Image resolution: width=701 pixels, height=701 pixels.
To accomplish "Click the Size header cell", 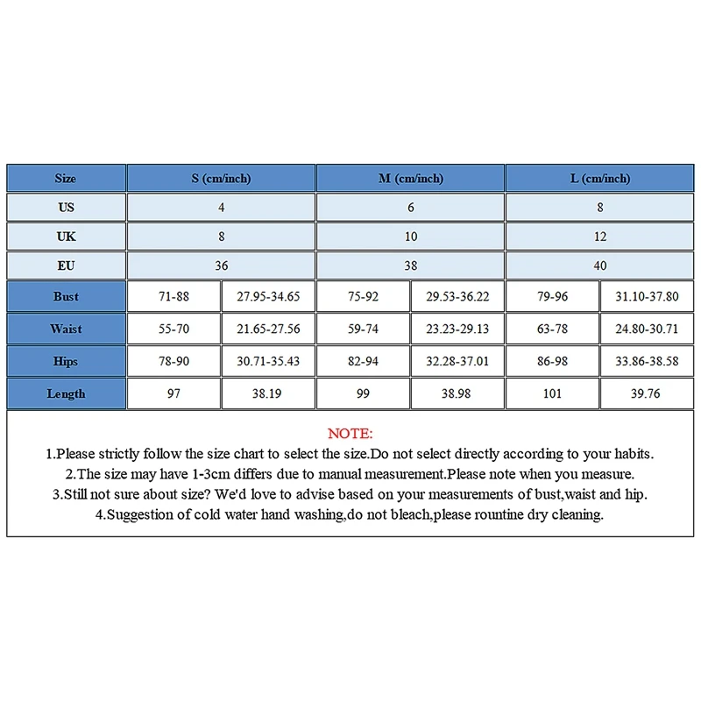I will coord(66,179).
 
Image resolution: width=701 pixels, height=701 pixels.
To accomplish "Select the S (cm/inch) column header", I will coord(221,179).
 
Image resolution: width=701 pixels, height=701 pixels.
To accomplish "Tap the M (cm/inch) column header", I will coord(411,179).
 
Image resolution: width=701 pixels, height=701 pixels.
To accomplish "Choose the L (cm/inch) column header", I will coord(600,179).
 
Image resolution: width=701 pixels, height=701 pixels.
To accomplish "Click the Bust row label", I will coord(66,297).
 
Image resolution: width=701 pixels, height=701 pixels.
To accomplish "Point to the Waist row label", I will coord(66,329).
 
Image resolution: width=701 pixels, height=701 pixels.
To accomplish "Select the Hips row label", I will coord(66,362).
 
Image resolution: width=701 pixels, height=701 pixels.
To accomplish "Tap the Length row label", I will coord(66,394).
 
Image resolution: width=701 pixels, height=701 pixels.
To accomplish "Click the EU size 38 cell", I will coord(411,266).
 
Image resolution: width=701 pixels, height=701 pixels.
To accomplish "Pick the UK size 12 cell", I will coord(600,237).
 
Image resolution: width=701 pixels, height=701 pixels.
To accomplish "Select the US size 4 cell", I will coord(221,208).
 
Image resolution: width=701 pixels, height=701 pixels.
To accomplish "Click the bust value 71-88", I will coord(173,297).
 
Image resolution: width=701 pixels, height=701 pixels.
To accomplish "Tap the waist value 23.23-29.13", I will coord(457,329).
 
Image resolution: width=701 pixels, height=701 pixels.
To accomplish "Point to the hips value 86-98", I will coord(552,362).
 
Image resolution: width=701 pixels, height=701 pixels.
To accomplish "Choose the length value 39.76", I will coord(647,394).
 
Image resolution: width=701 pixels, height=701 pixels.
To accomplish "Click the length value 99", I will coord(363,394).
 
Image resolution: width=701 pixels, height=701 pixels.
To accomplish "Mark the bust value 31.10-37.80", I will coord(647,297).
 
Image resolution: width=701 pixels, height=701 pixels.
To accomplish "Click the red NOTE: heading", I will coord(350,434).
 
